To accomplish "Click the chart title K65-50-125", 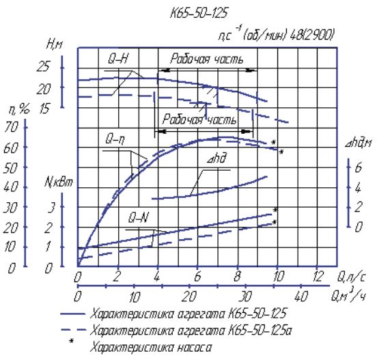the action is pyautogui.click(x=199, y=13).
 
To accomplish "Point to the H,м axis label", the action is pyautogui.click(x=54, y=44).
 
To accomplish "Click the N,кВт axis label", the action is pyautogui.click(x=59, y=182).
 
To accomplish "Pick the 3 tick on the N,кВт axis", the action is pyautogui.click(x=52, y=207).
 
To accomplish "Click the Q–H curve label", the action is pyautogui.click(x=118, y=58).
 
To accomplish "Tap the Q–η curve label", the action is pyautogui.click(x=115, y=139).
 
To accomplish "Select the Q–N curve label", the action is pyautogui.click(x=139, y=218).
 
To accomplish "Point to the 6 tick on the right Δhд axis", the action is pyautogui.click(x=359, y=167).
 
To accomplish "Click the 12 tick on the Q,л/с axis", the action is pyautogui.click(x=318, y=276).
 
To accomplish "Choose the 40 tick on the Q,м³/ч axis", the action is pyautogui.click(x=301, y=296).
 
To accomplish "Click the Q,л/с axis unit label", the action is pyautogui.click(x=351, y=277).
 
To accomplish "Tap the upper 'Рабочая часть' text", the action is pyautogui.click(x=207, y=59).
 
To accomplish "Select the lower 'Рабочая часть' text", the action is pyautogui.click(x=199, y=120).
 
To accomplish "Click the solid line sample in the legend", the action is pyautogui.click(x=73, y=314).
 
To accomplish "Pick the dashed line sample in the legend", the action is pyautogui.click(x=73, y=330).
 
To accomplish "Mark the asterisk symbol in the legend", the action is pyautogui.click(x=72, y=341).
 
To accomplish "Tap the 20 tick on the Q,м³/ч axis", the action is pyautogui.click(x=189, y=296).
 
